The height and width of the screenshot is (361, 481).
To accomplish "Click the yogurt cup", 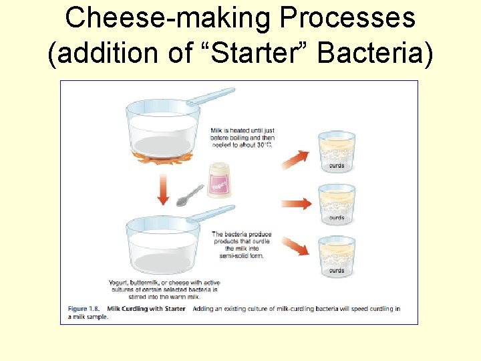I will click(x=219, y=180).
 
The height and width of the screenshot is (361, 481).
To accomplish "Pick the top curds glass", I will click(x=337, y=152).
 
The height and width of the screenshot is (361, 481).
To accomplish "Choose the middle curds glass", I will click(x=337, y=204).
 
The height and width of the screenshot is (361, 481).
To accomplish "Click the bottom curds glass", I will click(x=337, y=256).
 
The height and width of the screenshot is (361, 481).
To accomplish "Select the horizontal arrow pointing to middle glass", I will click(x=297, y=204).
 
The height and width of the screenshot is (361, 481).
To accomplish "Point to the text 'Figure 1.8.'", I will click(x=86, y=308).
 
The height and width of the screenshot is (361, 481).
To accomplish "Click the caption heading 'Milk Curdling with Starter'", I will click(x=147, y=308).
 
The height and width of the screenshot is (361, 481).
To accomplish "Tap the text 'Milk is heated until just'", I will click(x=243, y=130).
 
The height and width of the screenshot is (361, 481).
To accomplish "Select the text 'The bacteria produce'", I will click(x=242, y=235).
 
